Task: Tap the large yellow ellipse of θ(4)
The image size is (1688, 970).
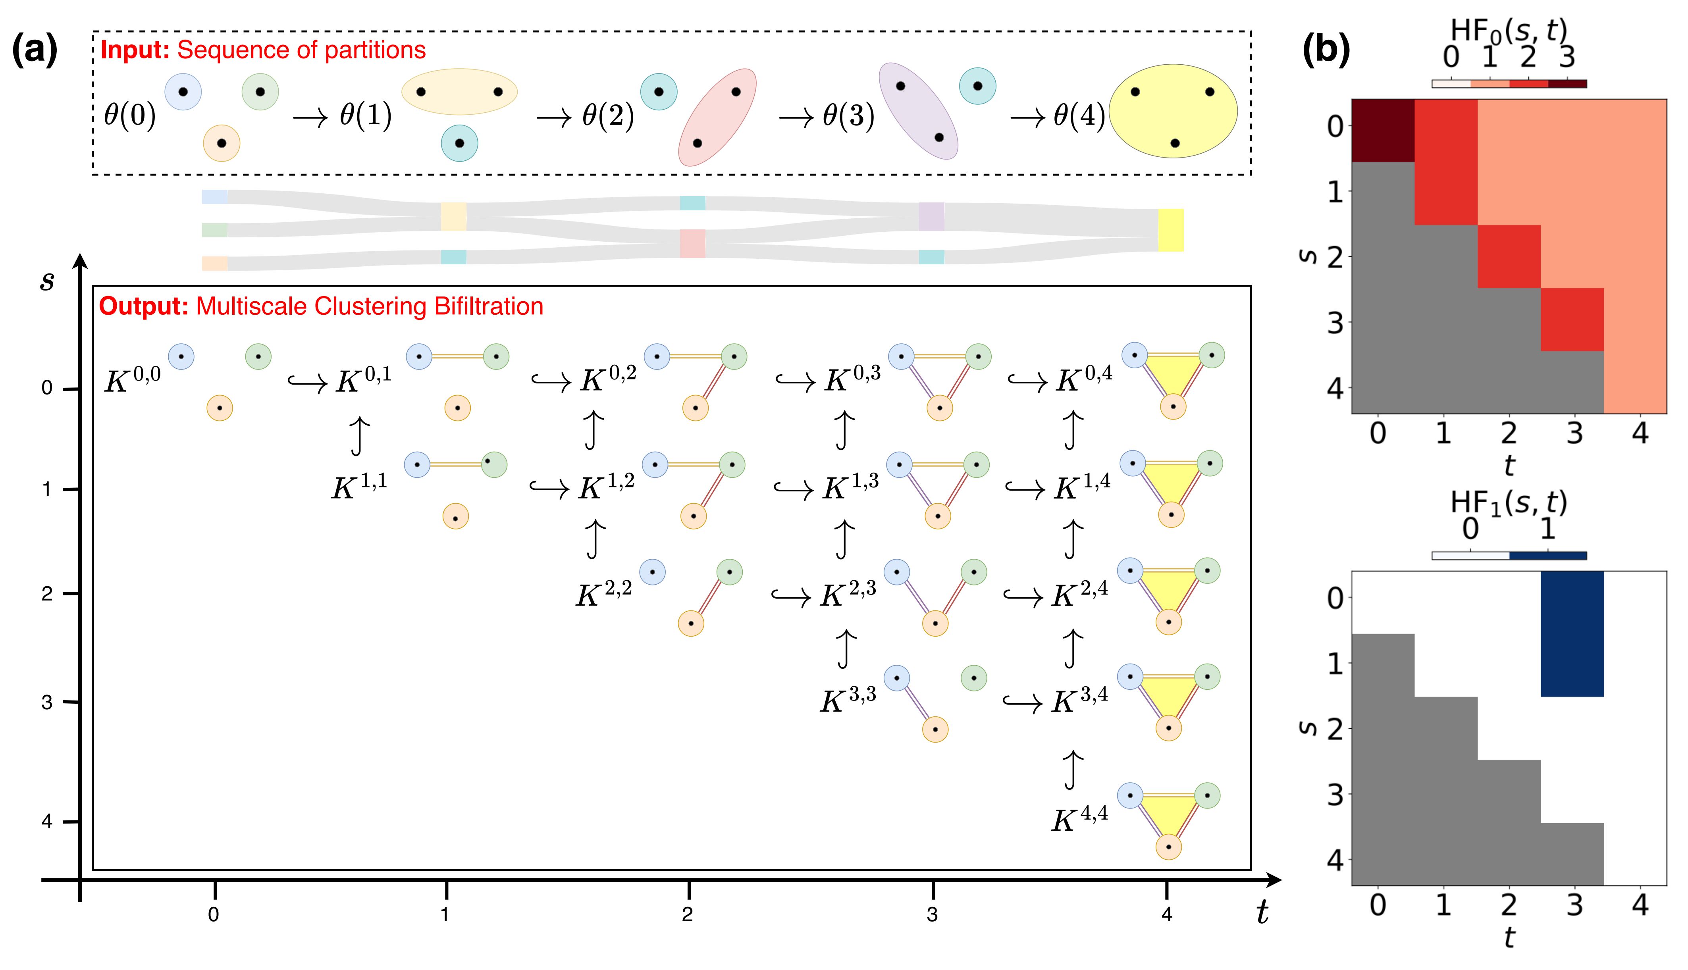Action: tap(1173, 111)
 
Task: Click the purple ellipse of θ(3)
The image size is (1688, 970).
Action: tap(918, 111)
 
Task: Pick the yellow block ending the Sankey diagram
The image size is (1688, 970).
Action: tap(1170, 230)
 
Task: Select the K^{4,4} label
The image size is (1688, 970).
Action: tap(1079, 820)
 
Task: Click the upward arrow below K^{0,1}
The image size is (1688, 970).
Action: tap(360, 436)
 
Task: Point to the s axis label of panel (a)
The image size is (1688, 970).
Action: tap(47, 280)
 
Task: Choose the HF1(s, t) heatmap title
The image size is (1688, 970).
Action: tap(1509, 503)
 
